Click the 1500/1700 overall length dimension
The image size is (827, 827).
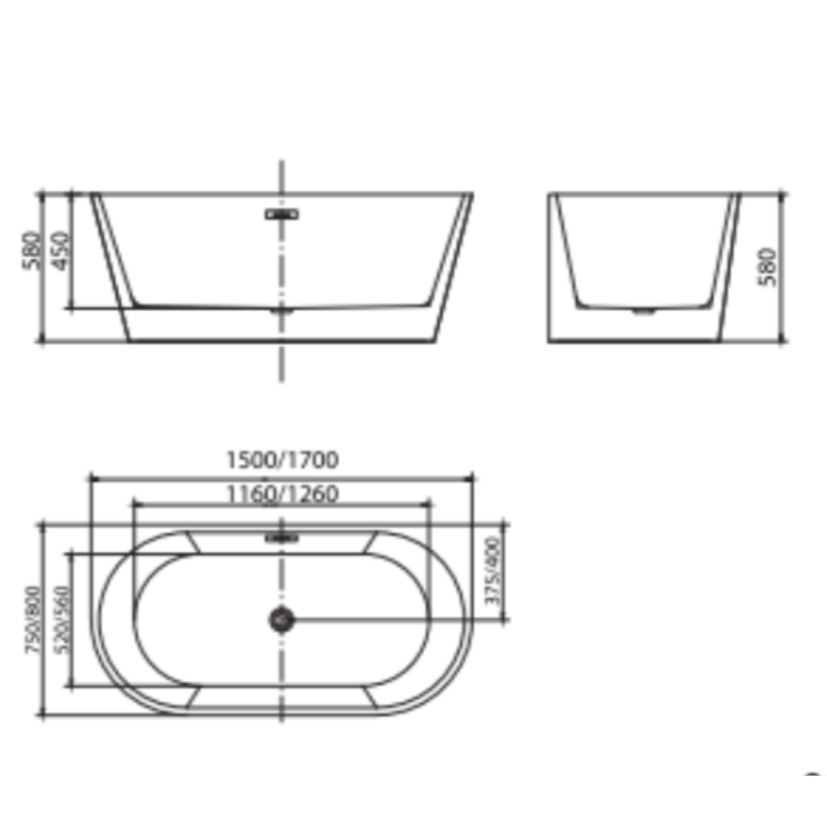[281, 460]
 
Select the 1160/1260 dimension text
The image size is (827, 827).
[282, 494]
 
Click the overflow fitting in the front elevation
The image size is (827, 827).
[282, 215]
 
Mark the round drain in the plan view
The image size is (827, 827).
[282, 619]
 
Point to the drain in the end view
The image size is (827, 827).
[643, 312]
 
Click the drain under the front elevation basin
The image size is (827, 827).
[282, 312]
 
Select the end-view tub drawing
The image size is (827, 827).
[645, 266]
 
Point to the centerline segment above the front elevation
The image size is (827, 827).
[282, 175]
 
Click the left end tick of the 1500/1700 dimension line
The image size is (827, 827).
[89, 477]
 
